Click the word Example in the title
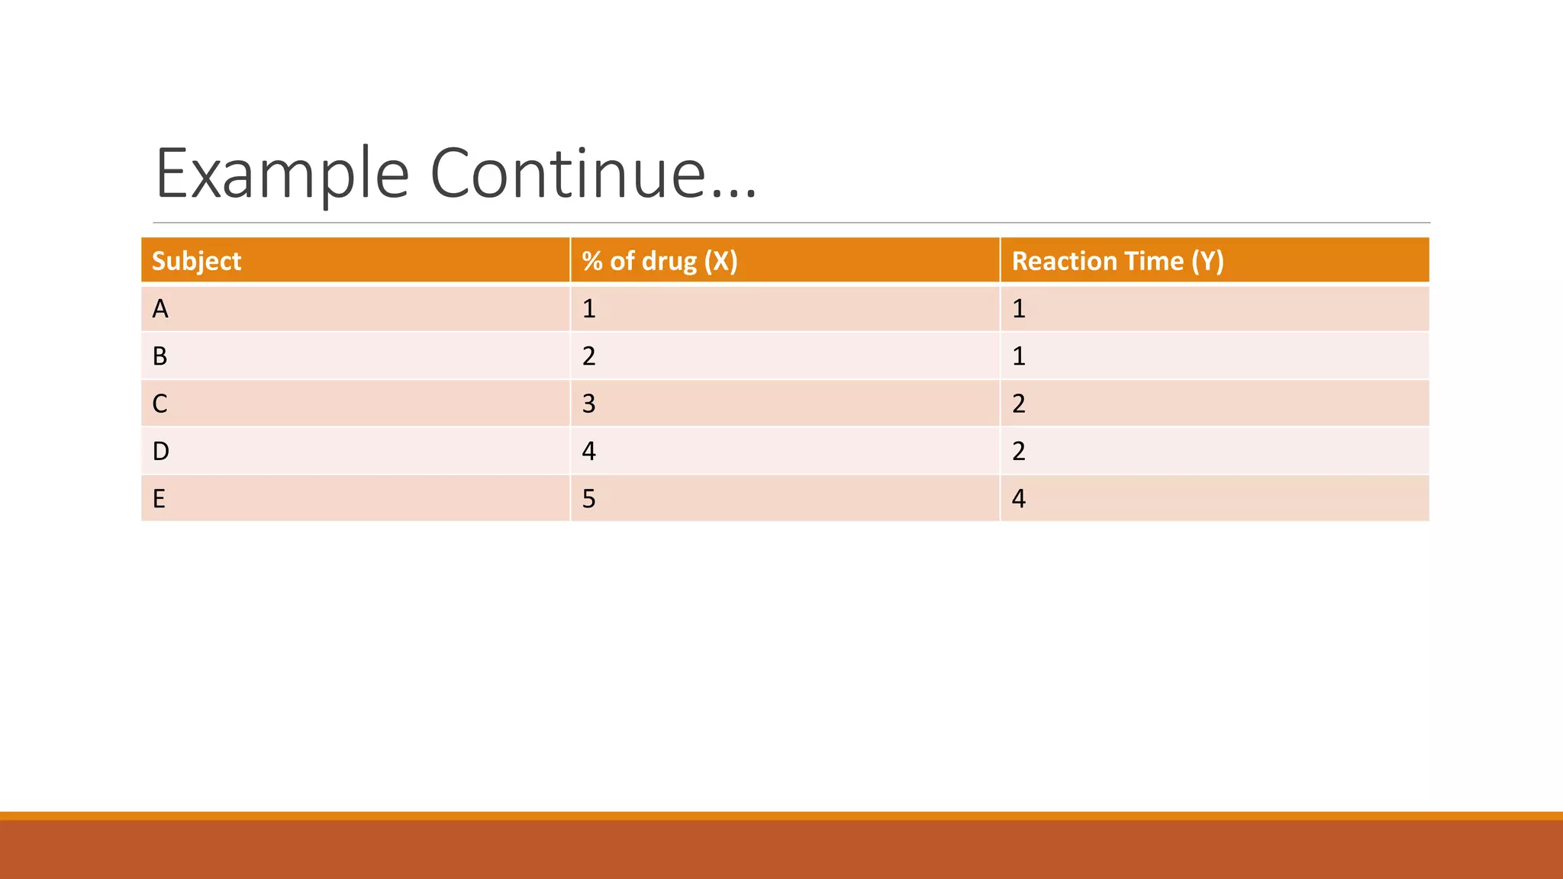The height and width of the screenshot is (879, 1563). pos(282,174)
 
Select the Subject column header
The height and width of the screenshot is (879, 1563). pos(196,261)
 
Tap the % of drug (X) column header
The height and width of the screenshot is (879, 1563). pos(659,261)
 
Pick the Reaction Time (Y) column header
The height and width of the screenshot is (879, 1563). pos(1117,261)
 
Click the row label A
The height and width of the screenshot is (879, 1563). pos(160,309)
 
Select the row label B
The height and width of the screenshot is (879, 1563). pos(160,356)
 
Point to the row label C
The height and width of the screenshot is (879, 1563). pos(160,404)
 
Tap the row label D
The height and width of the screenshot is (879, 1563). pos(160,451)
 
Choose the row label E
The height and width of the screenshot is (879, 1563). pos(159,499)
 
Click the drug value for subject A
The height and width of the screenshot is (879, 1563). pos(588,309)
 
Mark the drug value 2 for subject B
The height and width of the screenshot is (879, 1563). pos(588,356)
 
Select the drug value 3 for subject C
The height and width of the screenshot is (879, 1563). pos(588,404)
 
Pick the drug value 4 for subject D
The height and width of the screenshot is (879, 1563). pos(588,451)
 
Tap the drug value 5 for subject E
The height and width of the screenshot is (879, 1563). pos(588,499)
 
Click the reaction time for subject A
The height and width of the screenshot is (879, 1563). pos(1018,309)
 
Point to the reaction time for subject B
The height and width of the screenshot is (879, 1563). pos(1018,356)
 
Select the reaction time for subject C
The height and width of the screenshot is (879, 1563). pos(1018,404)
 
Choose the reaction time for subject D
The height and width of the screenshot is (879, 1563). pos(1018,451)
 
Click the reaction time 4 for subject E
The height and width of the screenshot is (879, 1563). pos(1018,499)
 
